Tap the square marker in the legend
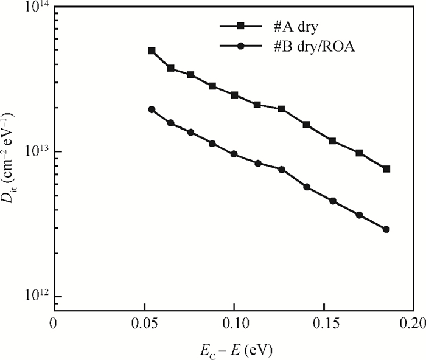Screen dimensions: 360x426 240,26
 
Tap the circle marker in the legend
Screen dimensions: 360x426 240,46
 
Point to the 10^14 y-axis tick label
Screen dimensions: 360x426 36,8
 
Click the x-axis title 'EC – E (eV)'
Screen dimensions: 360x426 234,350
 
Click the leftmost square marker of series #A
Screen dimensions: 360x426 152,51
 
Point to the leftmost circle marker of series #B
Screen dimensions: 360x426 152,109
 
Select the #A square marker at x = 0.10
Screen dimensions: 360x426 234,95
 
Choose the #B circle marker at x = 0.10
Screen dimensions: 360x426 234,154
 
